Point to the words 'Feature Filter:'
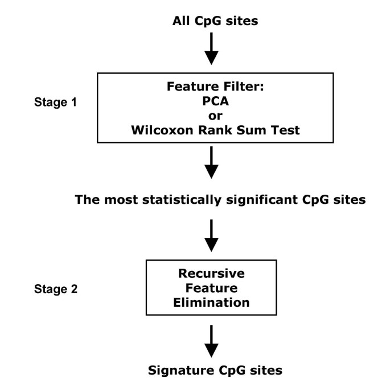[211, 88]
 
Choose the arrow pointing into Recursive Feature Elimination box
[211, 236]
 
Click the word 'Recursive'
[211, 274]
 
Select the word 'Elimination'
[211, 302]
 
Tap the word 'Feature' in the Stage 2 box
[211, 288]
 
